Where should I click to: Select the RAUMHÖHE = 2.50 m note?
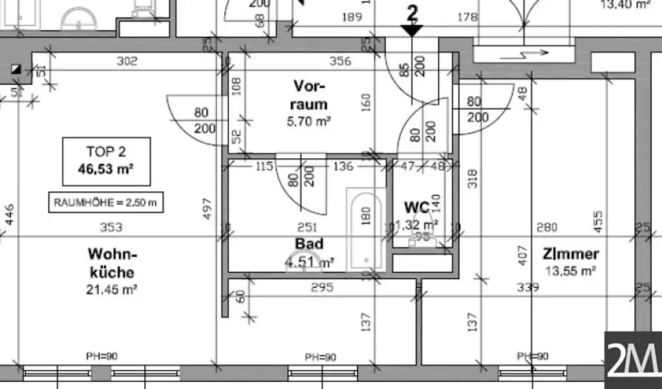[x=105, y=202]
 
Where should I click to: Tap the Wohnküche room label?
[x=112, y=262]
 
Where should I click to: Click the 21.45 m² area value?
[x=111, y=290]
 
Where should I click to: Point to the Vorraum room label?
[x=310, y=95]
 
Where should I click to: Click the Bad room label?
[x=309, y=244]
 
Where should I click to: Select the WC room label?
[x=417, y=207]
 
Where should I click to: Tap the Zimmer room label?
[x=561, y=254]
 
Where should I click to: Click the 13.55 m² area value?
[x=561, y=271]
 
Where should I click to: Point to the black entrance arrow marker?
[x=411, y=29]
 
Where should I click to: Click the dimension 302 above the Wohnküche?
[x=127, y=61]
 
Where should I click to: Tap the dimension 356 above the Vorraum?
[x=340, y=61]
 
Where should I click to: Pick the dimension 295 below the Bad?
[x=322, y=287]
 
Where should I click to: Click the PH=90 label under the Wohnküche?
[x=101, y=356]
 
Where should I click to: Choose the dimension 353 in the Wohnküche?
[x=112, y=227]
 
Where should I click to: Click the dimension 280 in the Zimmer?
[x=547, y=227]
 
